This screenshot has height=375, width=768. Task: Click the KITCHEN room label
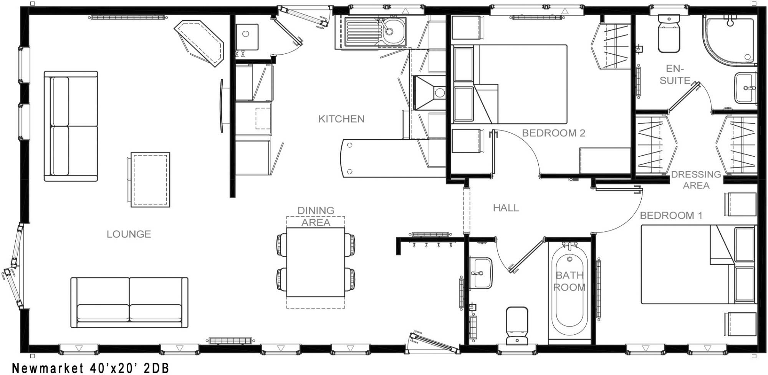click(341, 119)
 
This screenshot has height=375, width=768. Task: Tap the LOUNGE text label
click(129, 234)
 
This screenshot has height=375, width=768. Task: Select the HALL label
click(506, 208)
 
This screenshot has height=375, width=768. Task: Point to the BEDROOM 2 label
click(553, 133)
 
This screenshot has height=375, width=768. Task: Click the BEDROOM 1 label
click(671, 216)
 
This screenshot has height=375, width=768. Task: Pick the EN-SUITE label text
click(675, 75)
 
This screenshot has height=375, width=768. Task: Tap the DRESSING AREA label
click(696, 180)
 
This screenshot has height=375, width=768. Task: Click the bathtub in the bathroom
click(569, 292)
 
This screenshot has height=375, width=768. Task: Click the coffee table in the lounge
click(150, 179)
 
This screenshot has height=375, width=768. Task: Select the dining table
click(316, 262)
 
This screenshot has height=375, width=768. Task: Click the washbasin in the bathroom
click(480, 273)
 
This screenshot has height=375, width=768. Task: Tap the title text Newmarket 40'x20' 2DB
click(91, 368)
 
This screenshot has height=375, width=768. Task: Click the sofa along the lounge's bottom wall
click(129, 302)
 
